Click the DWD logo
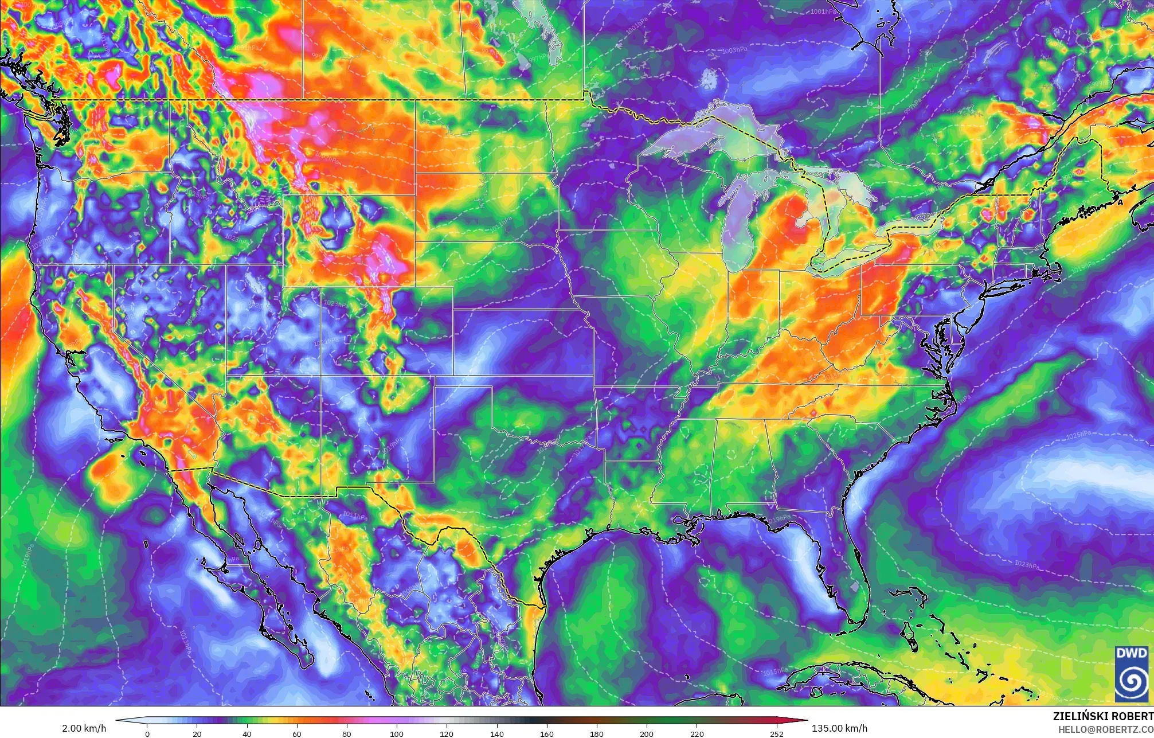1133,673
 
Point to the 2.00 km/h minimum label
84,728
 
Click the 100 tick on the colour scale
397,734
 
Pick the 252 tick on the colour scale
776,734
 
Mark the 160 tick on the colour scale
546,734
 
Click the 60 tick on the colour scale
297,734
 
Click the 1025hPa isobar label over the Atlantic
1078,436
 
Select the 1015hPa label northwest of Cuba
775,671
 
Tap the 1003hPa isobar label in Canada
734,50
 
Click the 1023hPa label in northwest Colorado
334,302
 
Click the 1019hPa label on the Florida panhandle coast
780,518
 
